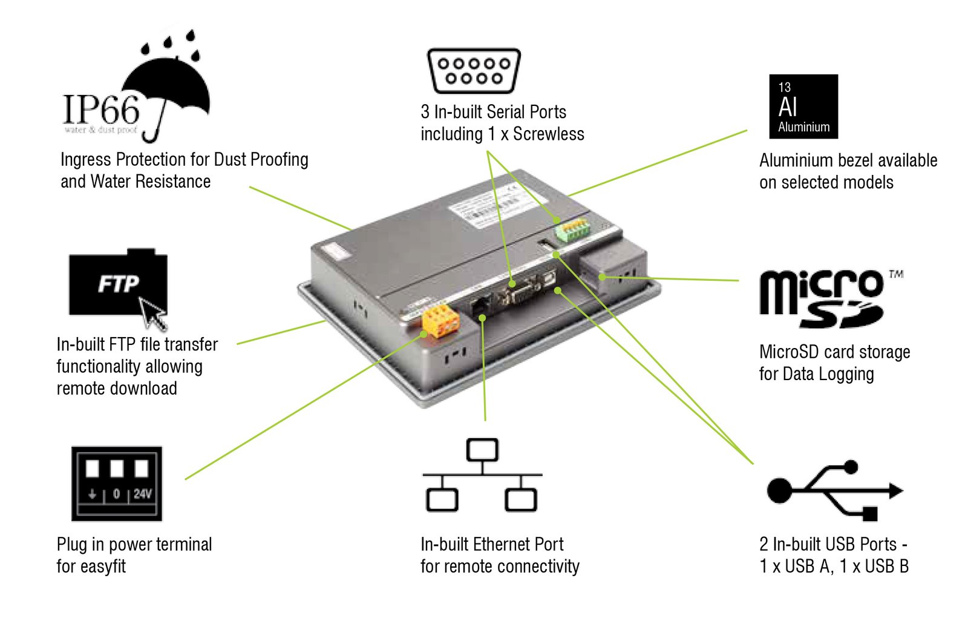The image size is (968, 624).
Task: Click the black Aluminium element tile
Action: pos(803,107)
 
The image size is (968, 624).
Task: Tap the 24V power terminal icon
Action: pos(117,484)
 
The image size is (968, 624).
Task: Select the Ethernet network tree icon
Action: pos(482,475)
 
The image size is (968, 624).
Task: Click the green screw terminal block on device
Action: pos(572,230)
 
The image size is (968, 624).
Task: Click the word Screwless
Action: pos(549,134)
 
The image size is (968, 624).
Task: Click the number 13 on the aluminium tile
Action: pos(785,87)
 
